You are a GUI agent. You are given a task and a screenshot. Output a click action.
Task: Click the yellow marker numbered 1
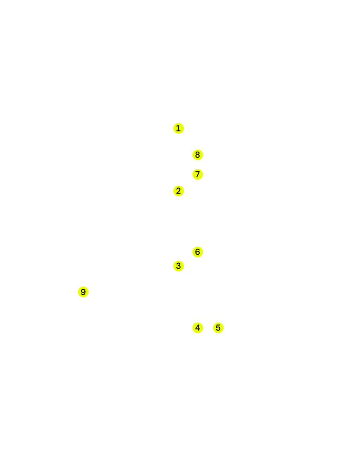[178, 128]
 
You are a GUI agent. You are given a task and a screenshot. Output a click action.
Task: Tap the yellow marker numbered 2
[178, 191]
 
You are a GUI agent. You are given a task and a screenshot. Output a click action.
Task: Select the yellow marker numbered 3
[178, 266]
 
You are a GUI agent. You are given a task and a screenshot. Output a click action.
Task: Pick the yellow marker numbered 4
[197, 327]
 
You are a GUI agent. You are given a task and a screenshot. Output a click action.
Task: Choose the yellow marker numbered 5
[218, 328]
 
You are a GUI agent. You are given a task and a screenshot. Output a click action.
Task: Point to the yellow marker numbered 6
[197, 252]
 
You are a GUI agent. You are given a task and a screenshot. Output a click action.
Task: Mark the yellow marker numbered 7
[197, 174]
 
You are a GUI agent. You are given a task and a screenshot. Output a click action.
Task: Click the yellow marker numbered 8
[197, 155]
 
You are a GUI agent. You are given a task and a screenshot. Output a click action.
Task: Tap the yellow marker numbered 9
[83, 292]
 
